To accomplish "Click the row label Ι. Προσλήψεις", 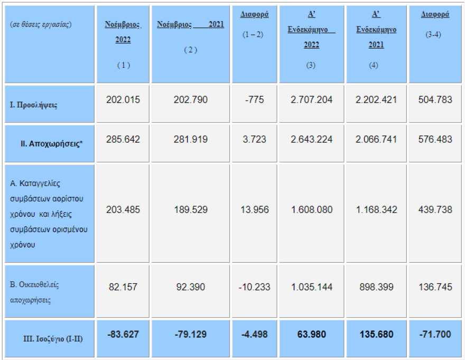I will coord(33,105).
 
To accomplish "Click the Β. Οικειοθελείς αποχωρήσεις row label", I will coord(35,292).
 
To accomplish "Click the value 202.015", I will coord(123,100).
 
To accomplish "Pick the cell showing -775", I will coord(254,100).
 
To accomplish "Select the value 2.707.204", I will coord(312,100).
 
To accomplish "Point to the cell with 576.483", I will coord(435,140).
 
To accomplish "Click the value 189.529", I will coord(190,209).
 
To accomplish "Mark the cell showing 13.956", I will coord(254,209).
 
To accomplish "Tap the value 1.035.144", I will coord(312,287).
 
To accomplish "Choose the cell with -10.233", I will coord(254,287).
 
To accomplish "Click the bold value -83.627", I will coord(123,335).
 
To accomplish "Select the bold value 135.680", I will coord(376,335).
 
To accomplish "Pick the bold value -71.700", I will coord(435,335).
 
